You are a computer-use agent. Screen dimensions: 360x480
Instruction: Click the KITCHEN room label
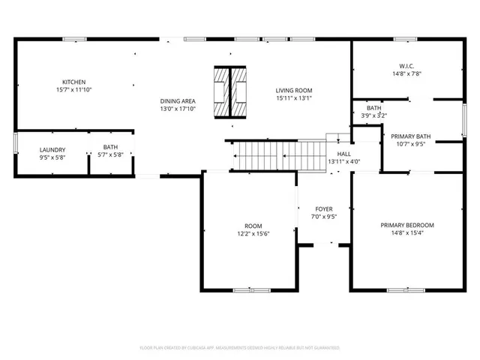point(73,82)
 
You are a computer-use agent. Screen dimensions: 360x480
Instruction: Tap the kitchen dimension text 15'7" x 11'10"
point(73,89)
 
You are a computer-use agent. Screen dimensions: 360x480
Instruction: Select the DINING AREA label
point(178,100)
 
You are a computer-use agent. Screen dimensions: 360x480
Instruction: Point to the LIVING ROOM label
point(294,90)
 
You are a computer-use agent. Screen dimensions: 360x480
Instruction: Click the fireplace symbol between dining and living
point(231,92)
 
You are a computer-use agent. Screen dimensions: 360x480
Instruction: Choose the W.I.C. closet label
point(407,66)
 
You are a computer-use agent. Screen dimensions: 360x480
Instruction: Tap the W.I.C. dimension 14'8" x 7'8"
point(407,73)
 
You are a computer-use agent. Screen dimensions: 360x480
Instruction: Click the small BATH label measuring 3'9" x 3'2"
point(373,108)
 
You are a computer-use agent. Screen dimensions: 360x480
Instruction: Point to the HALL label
point(344,153)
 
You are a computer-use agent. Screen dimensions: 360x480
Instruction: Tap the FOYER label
point(323,209)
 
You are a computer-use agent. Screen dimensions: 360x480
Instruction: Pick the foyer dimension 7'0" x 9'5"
point(323,217)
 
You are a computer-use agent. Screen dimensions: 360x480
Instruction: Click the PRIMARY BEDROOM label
point(407,225)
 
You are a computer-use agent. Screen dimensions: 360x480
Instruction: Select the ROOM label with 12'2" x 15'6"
point(253,226)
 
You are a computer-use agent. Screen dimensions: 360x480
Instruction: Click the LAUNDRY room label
point(52,149)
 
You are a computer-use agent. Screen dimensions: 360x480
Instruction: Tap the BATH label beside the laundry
point(110,147)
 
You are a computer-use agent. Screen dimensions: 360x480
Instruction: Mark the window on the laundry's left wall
point(16,143)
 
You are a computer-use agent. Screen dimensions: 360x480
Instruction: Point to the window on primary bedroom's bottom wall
point(407,289)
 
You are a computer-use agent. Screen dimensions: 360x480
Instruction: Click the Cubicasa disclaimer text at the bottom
point(240,348)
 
